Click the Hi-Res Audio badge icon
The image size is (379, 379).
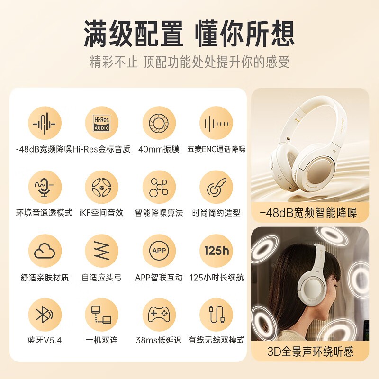coord(102,123)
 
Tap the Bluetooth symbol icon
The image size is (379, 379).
coord(45,315)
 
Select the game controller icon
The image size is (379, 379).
coord(159,315)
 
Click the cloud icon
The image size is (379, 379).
coord(45,251)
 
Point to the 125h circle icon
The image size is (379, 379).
coord(217,251)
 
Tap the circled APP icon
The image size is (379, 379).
coord(159,251)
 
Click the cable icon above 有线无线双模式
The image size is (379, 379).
coord(217,314)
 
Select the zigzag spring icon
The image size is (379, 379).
coord(102,251)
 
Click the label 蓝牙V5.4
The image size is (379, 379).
coord(45,340)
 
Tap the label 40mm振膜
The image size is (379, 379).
coord(159,149)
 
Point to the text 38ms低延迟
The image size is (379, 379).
coord(159,340)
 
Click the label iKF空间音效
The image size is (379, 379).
coord(101,213)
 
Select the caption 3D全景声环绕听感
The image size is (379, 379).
coord(310,352)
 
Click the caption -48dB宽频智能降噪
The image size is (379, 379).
coord(308,213)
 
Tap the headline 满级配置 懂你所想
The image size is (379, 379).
coord(189,34)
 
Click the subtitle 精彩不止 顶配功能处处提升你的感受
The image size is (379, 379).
coord(189,62)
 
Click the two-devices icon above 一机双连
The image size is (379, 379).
coord(101,315)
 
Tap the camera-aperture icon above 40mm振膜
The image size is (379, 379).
coord(159,123)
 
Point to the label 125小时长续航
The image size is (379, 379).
coord(217,278)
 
